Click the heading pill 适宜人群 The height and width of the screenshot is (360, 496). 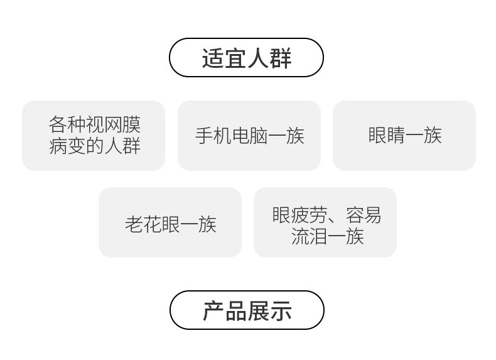[246, 58]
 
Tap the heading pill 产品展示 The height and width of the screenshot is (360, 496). [247, 310]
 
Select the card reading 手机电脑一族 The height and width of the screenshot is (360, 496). [249, 136]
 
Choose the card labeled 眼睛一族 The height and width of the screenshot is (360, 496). [404, 136]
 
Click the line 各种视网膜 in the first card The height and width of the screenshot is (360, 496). [94, 124]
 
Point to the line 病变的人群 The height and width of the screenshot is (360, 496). [94, 146]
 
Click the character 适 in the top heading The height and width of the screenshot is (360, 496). [213, 58]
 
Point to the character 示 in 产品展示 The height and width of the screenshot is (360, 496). [281, 311]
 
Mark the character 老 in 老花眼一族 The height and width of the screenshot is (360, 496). [134, 224]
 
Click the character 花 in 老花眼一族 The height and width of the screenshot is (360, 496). [152, 224]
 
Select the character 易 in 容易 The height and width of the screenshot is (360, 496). [372, 215]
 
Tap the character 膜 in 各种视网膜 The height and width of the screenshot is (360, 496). [131, 124]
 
